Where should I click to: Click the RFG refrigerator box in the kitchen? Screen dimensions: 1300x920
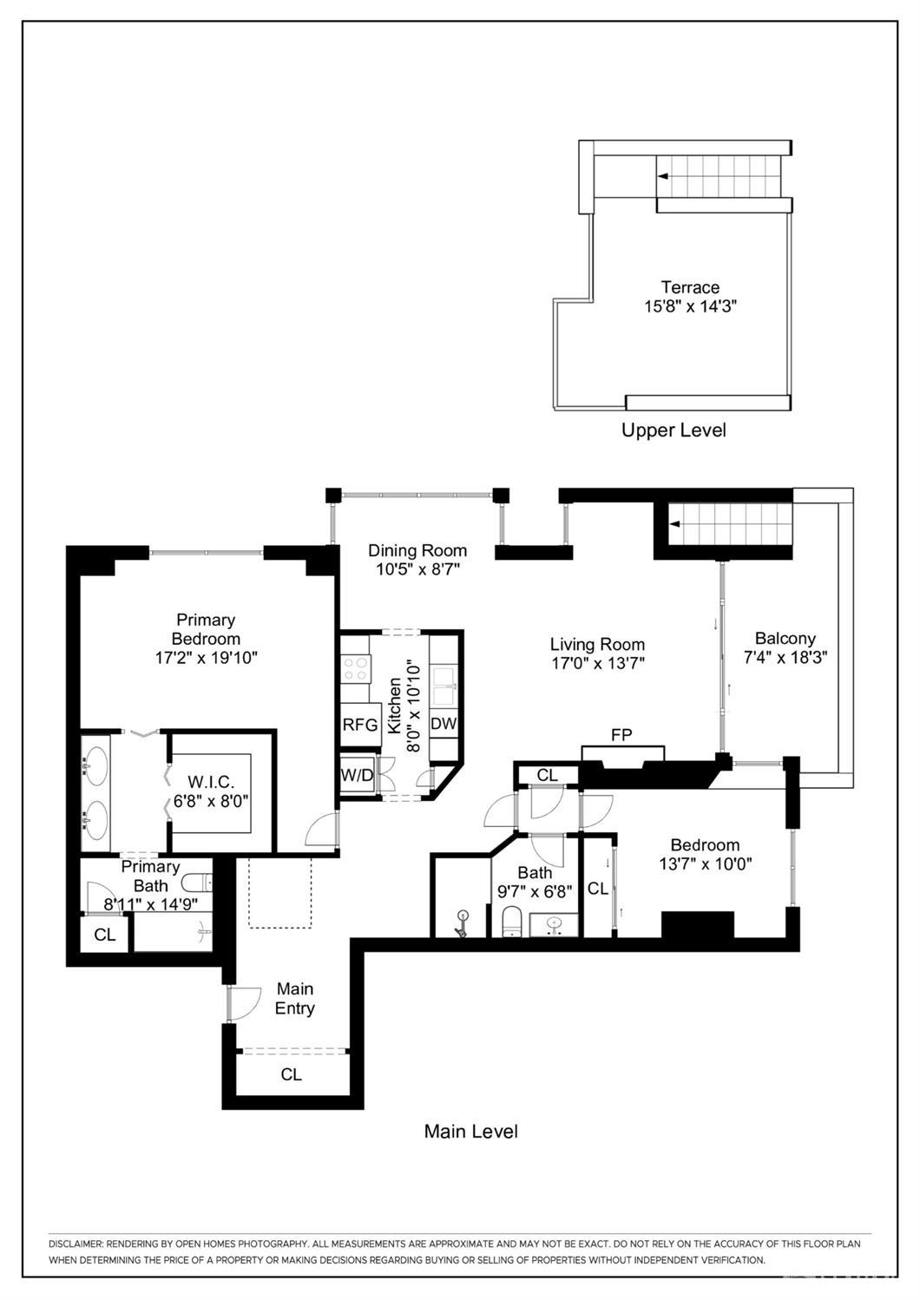pyautogui.click(x=360, y=724)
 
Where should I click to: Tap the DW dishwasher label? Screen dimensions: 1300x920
pyautogui.click(x=443, y=724)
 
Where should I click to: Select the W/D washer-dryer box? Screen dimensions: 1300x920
pyautogui.click(x=356, y=775)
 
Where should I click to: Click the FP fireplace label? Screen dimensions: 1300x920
pyautogui.click(x=621, y=735)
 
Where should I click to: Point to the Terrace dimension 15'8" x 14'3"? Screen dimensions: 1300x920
pyautogui.click(x=690, y=305)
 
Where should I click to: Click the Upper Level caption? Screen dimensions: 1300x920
pyautogui.click(x=674, y=430)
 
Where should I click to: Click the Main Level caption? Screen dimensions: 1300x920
pyautogui.click(x=470, y=1131)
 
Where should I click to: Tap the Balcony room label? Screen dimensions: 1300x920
pyautogui.click(x=785, y=638)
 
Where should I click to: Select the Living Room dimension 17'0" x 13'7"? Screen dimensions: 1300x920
pyautogui.click(x=597, y=663)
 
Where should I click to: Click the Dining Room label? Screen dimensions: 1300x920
pyautogui.click(x=417, y=550)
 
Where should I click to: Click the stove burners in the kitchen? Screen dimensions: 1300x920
pyautogui.click(x=356, y=668)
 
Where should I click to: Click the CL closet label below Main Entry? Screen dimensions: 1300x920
pyautogui.click(x=291, y=1074)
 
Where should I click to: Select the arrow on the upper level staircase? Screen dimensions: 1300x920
pyautogui.click(x=662, y=176)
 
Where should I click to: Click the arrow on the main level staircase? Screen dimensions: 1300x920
pyautogui.click(x=674, y=524)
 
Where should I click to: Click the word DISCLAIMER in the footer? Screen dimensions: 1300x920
pyautogui.click(x=76, y=1244)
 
